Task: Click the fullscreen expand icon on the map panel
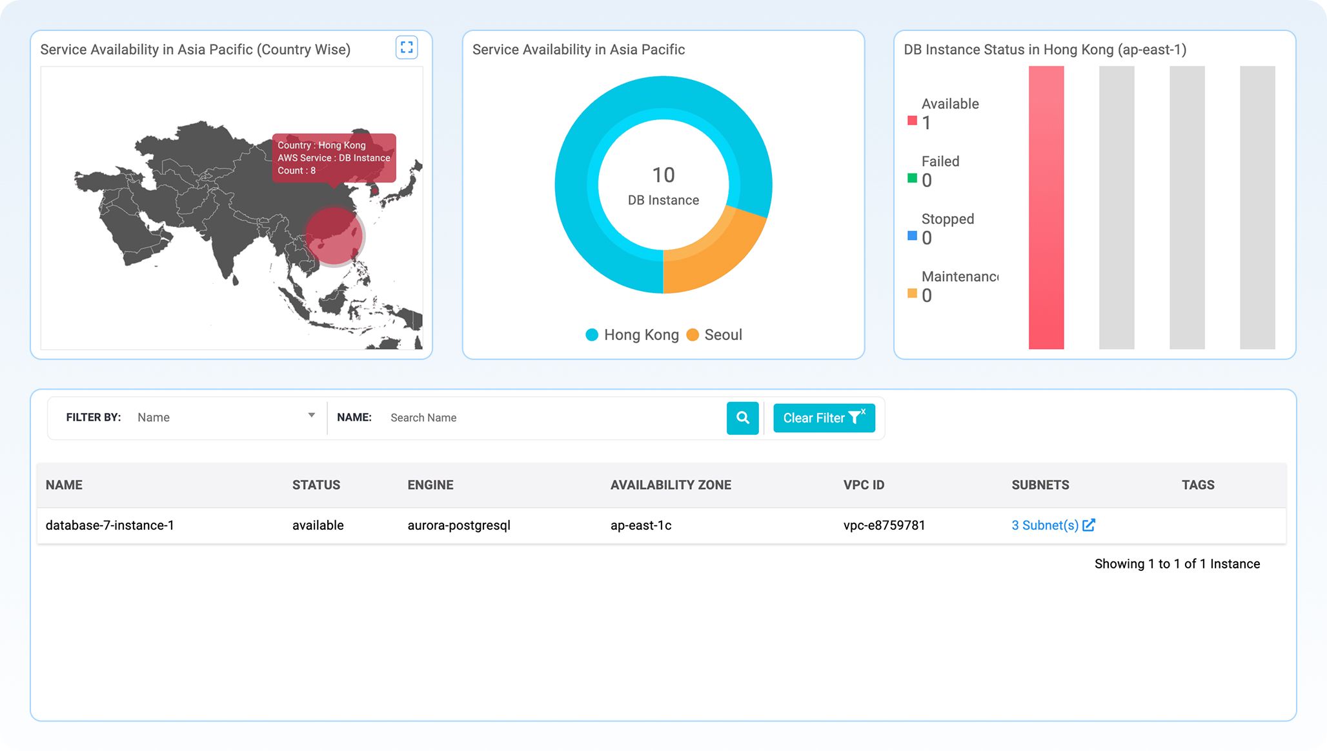407,47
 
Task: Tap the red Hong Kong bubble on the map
334,236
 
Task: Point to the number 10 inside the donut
663,175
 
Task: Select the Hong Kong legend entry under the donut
633,335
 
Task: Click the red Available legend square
912,121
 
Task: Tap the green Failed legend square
912,178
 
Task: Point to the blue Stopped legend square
912,235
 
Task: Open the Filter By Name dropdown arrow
311,416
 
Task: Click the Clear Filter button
824,418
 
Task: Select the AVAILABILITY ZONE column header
671,485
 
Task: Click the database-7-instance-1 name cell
110,525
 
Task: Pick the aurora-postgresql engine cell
459,525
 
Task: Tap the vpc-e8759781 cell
884,525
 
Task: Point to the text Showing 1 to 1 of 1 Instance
1177,564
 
